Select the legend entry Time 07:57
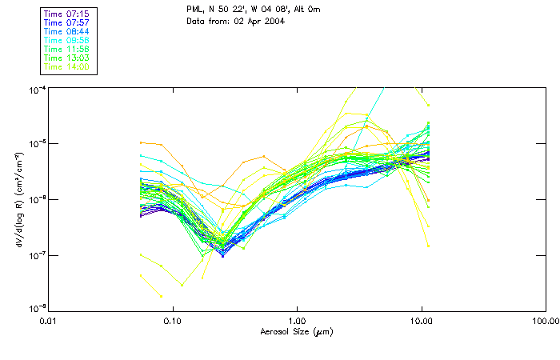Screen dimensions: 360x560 (66, 23)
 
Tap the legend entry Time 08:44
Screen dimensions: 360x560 (66, 31)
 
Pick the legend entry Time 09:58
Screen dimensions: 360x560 (66, 40)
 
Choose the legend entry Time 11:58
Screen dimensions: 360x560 (66, 49)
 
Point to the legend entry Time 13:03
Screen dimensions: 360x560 (66, 58)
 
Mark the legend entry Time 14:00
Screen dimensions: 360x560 (66, 66)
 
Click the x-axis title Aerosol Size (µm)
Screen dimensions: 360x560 (296, 331)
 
